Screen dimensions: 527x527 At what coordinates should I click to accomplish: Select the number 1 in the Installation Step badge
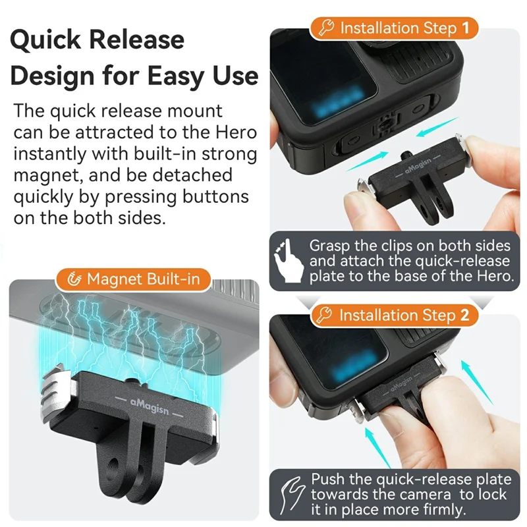coord(465,28)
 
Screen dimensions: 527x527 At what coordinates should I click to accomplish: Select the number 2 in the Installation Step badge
coord(465,315)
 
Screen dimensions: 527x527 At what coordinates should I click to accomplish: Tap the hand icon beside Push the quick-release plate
coord(288,493)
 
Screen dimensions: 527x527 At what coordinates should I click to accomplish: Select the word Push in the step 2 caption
coord(327,479)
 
